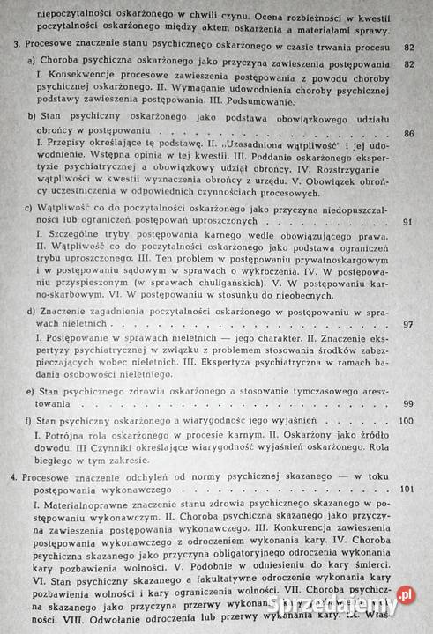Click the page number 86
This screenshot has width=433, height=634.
(406, 134)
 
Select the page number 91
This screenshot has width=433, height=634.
(406, 222)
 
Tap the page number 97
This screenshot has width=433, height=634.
(406, 325)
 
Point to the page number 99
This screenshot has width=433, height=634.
(406, 402)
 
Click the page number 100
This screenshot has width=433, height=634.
(405, 420)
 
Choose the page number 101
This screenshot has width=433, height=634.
(405, 489)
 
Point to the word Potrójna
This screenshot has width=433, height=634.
(67, 437)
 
